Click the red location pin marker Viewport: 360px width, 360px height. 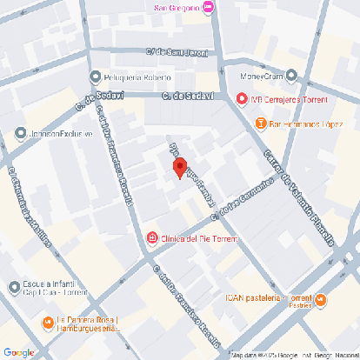coord(179,167)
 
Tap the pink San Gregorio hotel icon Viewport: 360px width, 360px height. coord(217,8)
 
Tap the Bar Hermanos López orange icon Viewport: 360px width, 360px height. coord(260,123)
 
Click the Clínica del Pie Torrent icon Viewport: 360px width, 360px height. coord(152,237)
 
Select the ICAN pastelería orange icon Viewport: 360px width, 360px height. coord(321,301)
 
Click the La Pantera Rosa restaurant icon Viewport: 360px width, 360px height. coord(46,323)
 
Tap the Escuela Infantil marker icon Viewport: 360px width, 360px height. coord(14,288)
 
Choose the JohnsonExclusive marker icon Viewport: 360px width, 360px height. coord(20,133)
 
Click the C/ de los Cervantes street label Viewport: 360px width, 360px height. coord(249,196)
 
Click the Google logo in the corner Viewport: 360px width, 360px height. coord(18,351)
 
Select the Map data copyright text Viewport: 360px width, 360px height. coord(294,355)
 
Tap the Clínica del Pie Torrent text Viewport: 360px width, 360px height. coord(199,237)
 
